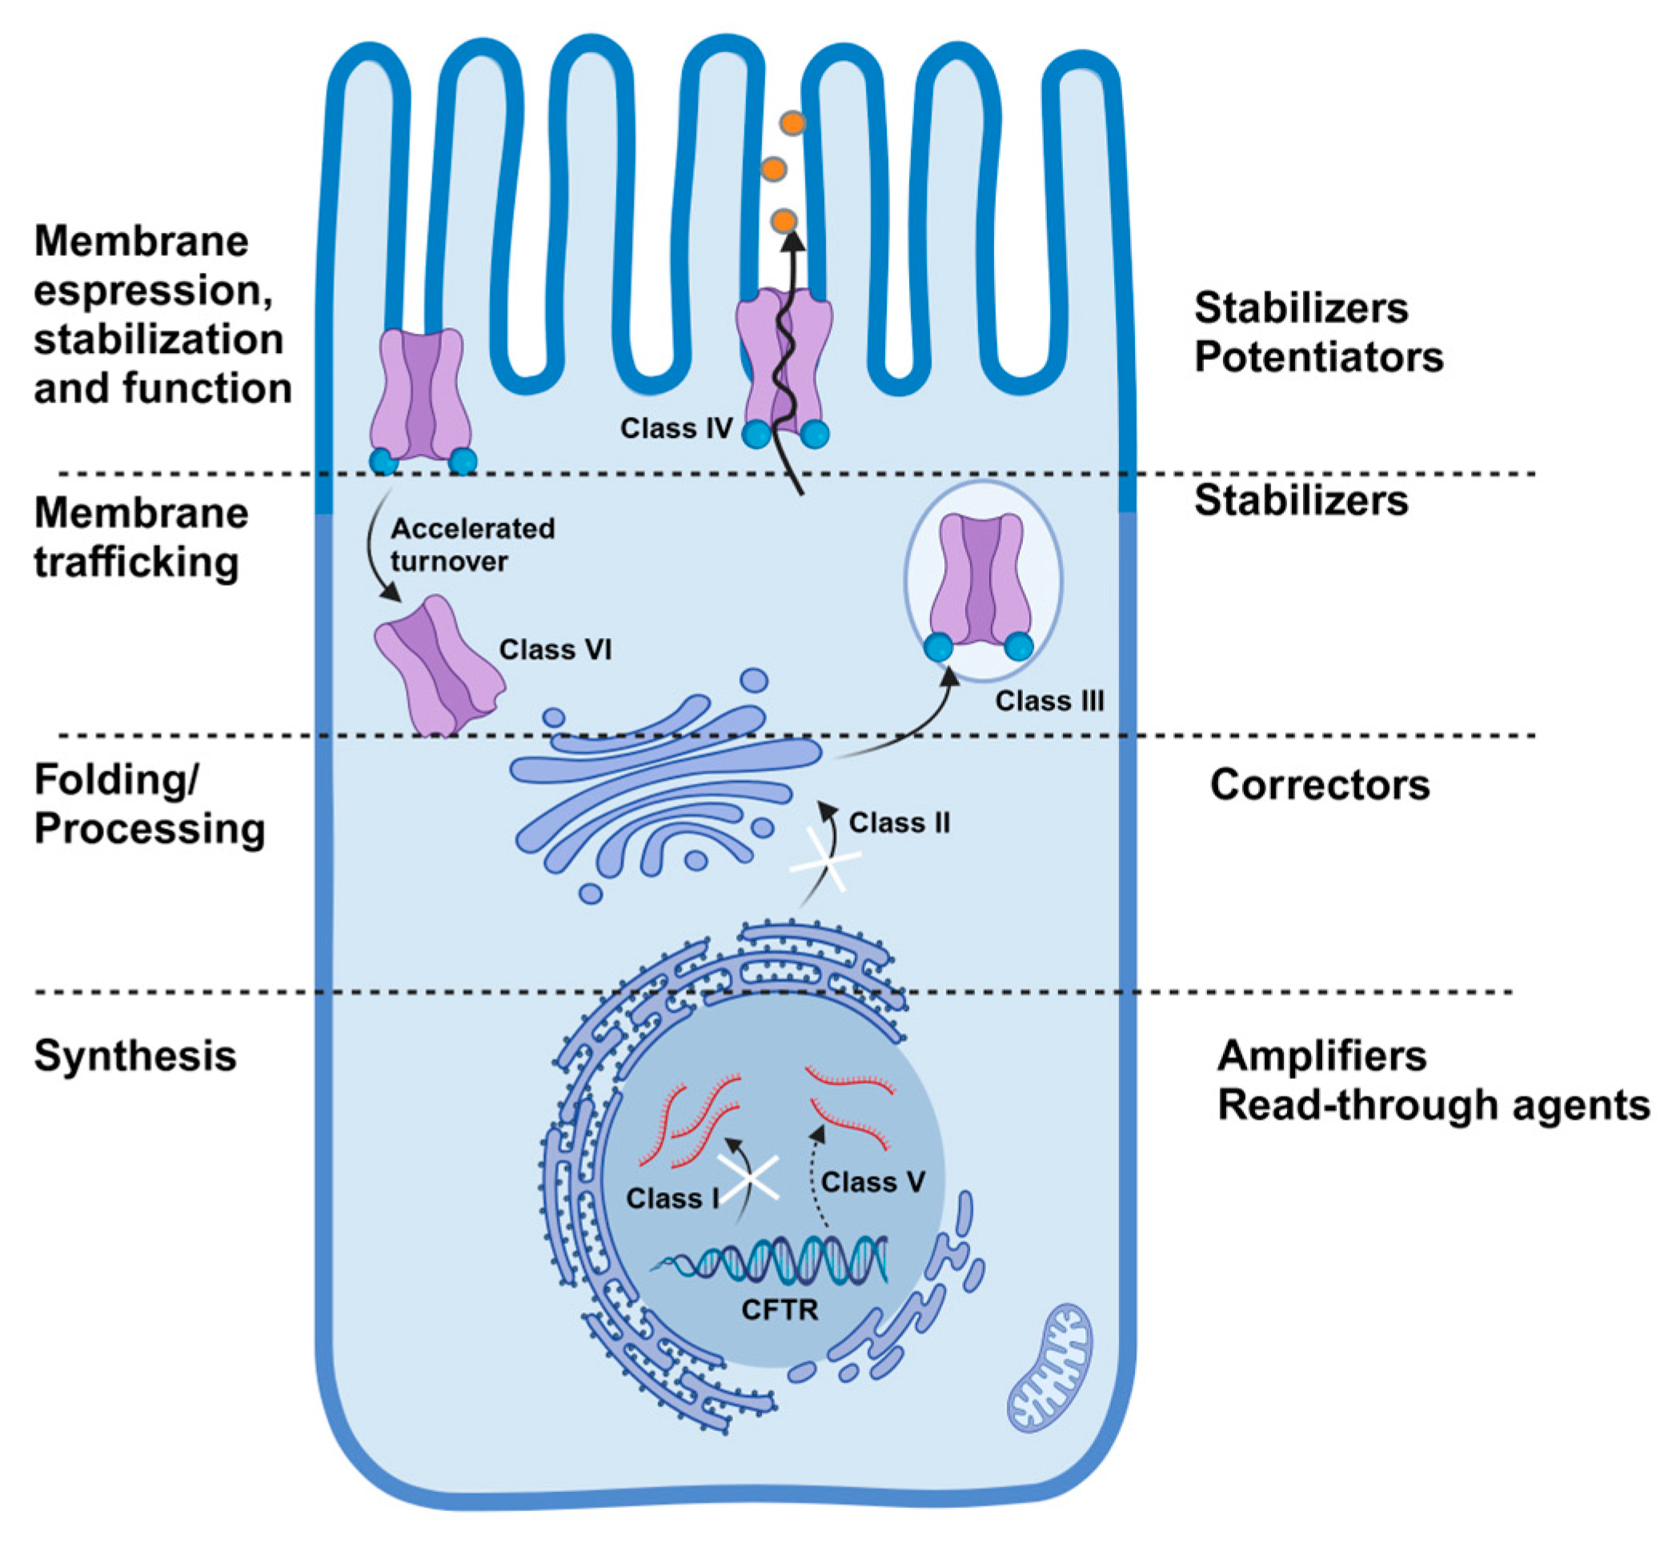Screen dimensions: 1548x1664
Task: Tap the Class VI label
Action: click(555, 649)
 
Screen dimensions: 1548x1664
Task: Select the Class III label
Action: click(1049, 700)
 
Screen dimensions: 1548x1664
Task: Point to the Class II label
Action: click(899, 822)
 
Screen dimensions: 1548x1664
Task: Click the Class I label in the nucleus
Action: click(672, 1198)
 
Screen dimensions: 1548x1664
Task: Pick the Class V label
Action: click(872, 1181)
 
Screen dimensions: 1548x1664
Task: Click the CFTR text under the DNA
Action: click(780, 1309)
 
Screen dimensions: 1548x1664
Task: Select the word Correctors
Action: click(1319, 784)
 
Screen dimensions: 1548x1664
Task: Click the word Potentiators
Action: click(1318, 357)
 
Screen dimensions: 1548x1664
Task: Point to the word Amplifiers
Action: click(1321, 1056)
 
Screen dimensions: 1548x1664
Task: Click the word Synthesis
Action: click(134, 1056)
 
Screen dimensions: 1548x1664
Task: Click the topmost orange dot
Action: click(792, 123)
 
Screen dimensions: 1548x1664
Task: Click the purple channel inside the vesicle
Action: click(981, 582)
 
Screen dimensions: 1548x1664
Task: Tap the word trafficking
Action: click(136, 562)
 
